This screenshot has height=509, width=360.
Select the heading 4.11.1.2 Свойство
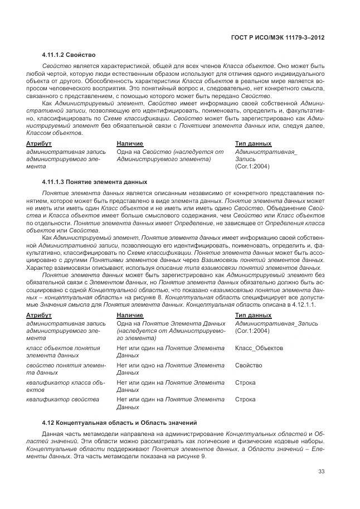click(69, 55)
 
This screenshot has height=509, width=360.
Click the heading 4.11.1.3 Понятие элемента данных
click(95, 182)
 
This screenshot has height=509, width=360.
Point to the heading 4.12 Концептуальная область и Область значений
click(119, 422)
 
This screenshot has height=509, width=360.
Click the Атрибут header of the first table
click(38, 143)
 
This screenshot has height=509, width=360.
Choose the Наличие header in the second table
click(130, 315)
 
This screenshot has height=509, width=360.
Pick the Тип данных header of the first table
click(253, 143)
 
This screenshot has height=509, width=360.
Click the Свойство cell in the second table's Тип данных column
click(249, 365)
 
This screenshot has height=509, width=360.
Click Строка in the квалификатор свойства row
click(246, 399)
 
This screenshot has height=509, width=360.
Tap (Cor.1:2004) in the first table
click(252, 166)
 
